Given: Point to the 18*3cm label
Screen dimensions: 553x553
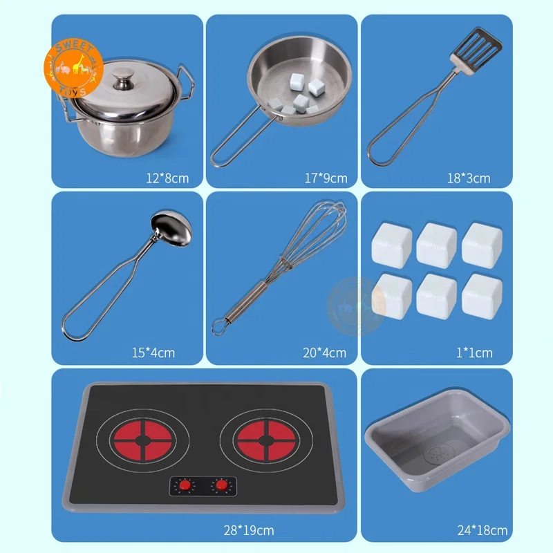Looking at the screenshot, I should [x=468, y=178].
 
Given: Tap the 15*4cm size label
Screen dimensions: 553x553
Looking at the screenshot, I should [x=153, y=353].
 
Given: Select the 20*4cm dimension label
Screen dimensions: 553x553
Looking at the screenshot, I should [x=324, y=353].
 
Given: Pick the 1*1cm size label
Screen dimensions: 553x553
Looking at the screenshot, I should [x=474, y=353].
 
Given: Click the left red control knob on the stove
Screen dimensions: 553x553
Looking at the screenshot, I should [x=185, y=486].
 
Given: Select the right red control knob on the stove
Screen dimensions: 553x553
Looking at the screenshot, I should [x=221, y=486].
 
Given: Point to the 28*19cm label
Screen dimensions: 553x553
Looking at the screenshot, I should [x=249, y=531].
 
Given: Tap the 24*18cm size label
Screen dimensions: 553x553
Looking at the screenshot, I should [x=482, y=531].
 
